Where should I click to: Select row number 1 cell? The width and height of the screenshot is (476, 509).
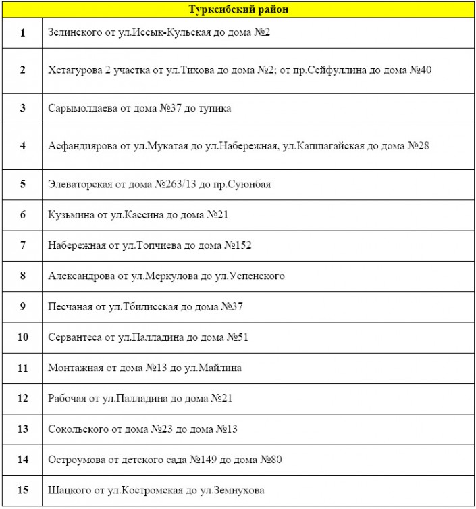(x=23, y=32)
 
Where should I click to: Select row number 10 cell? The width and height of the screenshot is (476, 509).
(x=23, y=337)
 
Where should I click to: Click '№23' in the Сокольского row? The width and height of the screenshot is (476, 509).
(x=159, y=429)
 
